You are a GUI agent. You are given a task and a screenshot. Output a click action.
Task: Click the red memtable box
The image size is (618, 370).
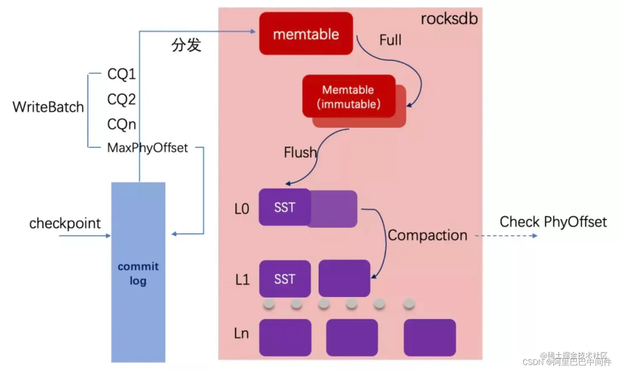306,34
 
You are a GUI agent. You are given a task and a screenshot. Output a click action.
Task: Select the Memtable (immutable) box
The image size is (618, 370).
349,97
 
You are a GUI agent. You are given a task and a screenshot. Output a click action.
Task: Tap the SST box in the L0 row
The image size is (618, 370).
285,207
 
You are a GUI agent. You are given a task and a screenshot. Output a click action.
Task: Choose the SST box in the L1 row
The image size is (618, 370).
285,279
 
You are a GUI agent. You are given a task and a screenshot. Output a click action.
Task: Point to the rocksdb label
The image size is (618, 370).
449,19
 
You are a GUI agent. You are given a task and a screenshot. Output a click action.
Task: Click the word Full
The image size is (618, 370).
390,40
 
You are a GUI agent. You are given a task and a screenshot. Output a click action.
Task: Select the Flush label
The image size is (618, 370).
300,152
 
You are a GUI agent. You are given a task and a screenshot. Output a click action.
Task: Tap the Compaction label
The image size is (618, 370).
427,235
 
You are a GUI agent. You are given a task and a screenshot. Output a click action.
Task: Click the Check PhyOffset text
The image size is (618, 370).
553,222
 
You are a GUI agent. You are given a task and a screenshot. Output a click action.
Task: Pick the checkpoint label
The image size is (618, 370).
65,223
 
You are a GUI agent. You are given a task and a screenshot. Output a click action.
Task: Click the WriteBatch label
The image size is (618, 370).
48,107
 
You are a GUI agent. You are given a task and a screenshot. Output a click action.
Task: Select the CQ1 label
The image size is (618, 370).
121,74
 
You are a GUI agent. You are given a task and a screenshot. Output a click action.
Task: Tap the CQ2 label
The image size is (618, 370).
121,99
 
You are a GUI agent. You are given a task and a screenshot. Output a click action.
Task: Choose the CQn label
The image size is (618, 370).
121,124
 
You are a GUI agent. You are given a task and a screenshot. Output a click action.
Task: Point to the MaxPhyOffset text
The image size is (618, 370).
148,148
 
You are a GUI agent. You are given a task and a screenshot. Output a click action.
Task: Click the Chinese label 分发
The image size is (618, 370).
186,45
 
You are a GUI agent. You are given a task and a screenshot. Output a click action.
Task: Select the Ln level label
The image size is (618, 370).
241,333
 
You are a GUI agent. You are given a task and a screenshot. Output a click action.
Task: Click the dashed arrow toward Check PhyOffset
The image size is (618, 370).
506,236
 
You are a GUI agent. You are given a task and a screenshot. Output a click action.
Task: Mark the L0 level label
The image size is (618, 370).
242,209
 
